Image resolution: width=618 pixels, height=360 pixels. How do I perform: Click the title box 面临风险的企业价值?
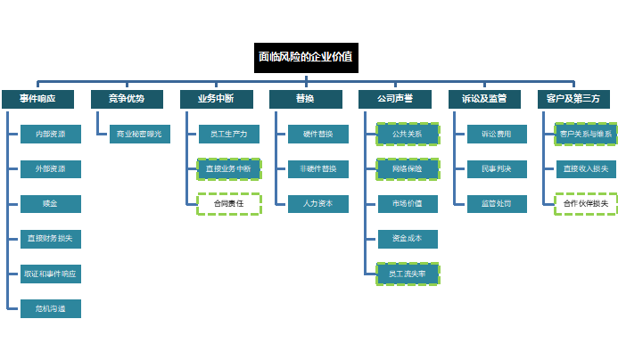305,56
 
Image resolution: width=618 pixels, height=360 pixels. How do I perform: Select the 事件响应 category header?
37,98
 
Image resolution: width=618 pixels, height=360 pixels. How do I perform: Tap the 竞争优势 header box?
126,98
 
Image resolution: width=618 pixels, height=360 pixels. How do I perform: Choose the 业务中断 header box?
215,98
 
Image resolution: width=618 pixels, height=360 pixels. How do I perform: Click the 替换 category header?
304,98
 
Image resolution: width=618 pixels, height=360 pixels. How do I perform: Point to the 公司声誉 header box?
393,98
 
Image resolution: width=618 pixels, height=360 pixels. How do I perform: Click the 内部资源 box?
51,134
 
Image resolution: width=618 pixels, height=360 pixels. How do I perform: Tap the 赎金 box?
51,203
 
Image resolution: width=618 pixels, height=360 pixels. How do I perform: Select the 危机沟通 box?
51,308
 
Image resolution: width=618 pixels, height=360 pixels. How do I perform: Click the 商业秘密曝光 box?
139,134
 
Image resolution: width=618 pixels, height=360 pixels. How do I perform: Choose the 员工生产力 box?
228,134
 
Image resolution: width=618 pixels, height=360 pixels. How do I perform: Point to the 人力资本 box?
318,203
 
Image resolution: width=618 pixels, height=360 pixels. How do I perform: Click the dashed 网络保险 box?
408,168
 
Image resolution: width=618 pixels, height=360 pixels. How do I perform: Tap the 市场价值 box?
408,203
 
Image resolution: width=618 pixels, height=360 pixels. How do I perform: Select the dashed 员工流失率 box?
408,274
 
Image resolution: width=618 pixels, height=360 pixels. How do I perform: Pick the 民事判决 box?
497,168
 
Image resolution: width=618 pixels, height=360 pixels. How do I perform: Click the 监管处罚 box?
497,203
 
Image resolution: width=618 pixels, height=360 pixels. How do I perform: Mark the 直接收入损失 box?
586,168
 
